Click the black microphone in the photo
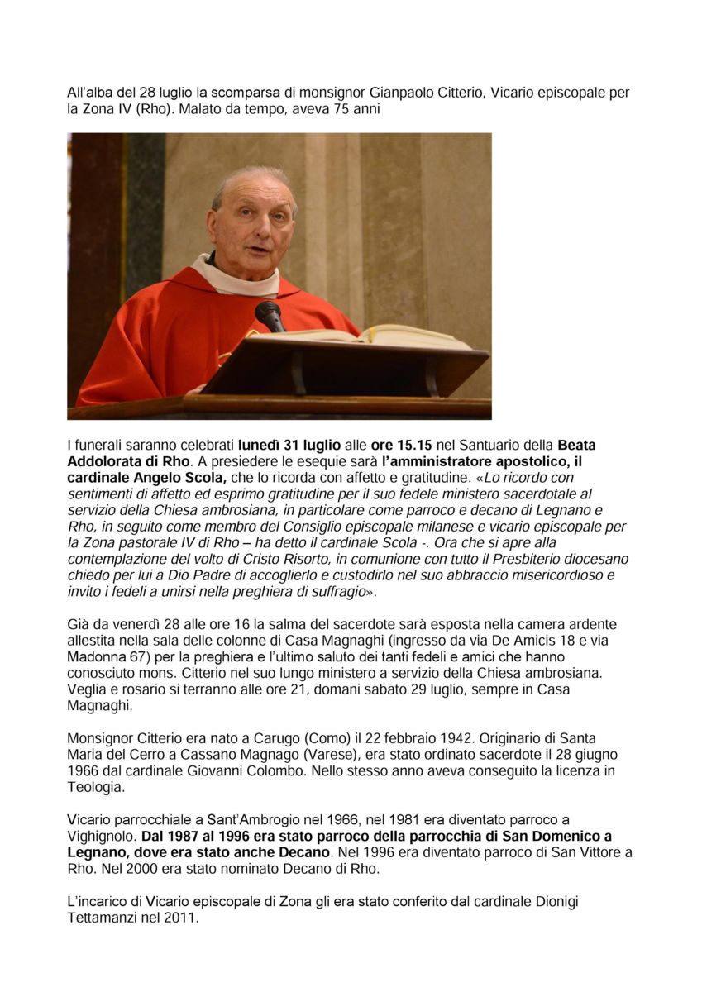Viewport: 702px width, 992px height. pos(270,315)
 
